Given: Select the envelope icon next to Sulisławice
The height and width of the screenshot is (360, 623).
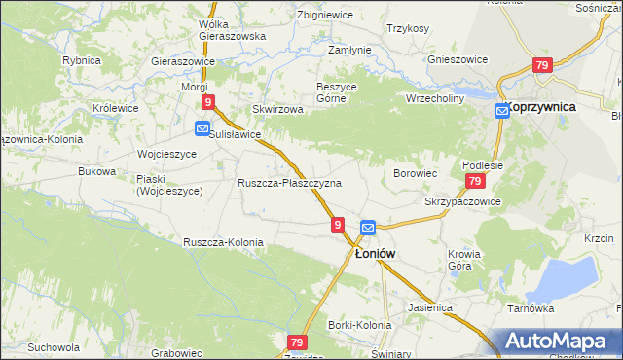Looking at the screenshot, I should click(x=202, y=128).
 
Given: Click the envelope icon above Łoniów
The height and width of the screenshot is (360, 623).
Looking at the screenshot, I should click(x=367, y=228).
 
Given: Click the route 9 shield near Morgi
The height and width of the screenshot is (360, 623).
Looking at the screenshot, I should click(x=207, y=101).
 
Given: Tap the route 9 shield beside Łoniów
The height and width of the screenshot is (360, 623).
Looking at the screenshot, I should click(x=337, y=225).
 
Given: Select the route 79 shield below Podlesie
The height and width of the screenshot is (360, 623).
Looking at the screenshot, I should click(x=475, y=182).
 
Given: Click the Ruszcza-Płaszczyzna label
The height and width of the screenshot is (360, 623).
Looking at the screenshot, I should click(x=289, y=183).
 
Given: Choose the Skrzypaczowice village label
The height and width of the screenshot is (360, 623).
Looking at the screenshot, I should click(x=462, y=201).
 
